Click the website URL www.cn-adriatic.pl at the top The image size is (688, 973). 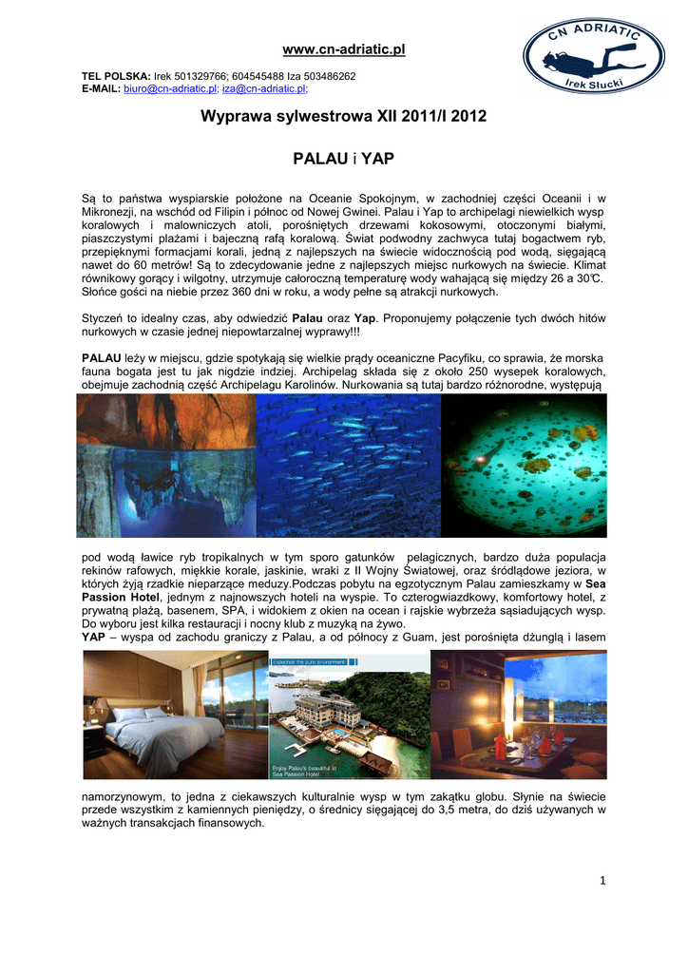[344, 48]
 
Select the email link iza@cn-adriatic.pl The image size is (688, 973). [264, 87]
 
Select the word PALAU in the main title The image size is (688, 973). [316, 158]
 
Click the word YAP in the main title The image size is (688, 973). [377, 158]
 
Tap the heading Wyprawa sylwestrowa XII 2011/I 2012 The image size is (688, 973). [344, 117]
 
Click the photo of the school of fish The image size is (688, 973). [348, 466]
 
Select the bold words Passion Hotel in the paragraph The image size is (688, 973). [124, 595]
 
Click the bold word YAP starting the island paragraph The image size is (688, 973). [94, 636]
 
